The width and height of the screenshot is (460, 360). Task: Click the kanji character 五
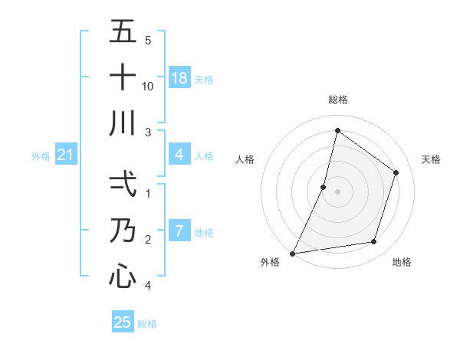point(123,31)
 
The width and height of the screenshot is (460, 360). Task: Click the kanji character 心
point(123,275)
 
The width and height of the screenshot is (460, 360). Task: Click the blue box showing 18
point(179,77)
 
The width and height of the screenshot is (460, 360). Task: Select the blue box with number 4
point(179,155)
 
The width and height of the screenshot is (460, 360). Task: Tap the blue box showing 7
point(179,231)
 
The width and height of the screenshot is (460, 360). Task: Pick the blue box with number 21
point(66,155)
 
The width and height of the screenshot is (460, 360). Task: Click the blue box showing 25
point(123,322)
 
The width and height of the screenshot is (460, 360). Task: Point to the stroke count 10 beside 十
point(149,86)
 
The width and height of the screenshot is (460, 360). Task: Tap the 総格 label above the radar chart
point(338,100)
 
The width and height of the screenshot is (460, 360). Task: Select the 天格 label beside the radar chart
point(432,159)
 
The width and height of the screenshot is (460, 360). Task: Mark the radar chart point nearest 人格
point(324,187)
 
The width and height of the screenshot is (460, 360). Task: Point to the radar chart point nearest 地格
point(374,242)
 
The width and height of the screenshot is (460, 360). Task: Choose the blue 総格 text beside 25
point(147,324)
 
